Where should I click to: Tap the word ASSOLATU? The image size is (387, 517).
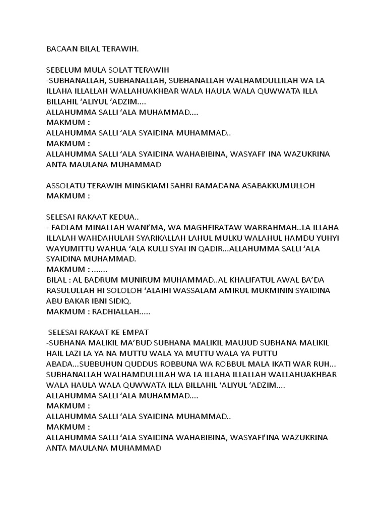66,185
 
